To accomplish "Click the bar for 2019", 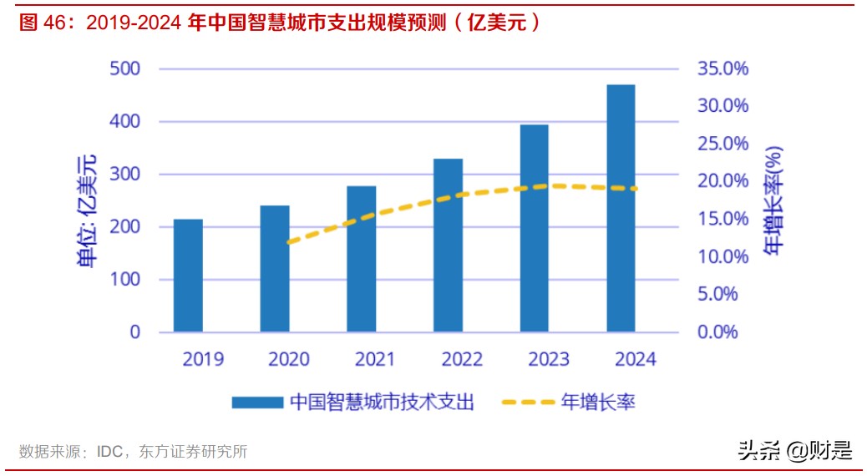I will pos(188,276).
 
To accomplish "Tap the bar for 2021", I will pos(362,259).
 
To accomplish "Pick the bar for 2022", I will pos(449,246).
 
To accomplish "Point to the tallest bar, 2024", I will pos(621,208).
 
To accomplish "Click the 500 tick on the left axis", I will pos(124,68).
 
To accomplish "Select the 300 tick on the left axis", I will pos(124,175).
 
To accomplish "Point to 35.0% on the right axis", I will pos(723,68).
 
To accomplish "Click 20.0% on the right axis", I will pos(723,181).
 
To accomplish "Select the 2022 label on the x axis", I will pos(462,360).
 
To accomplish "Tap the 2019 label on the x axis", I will pos(203,360).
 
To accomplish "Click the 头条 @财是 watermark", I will pos(794,452).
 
